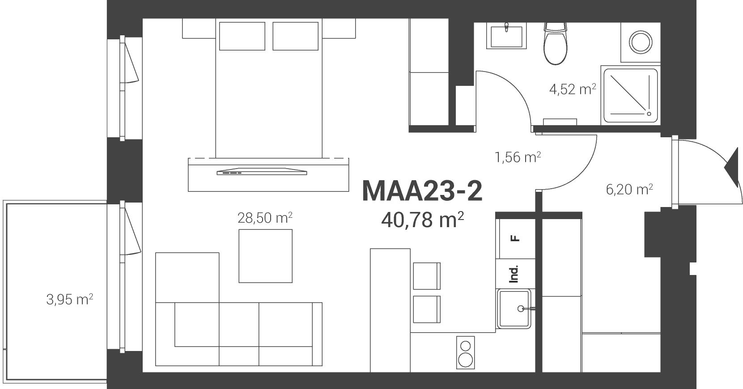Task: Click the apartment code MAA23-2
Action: pyautogui.click(x=422, y=190)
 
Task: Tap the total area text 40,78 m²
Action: pyautogui.click(x=422, y=220)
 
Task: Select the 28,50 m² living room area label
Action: pyautogui.click(x=265, y=218)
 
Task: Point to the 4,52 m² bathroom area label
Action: pyautogui.click(x=573, y=89)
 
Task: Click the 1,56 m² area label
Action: pyautogui.click(x=518, y=157)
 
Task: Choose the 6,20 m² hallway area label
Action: pyautogui.click(x=629, y=190)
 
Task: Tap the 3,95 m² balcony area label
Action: pyautogui.click(x=70, y=300)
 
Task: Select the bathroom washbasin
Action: pyautogui.click(x=506, y=36)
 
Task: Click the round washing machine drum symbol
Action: pyautogui.click(x=641, y=42)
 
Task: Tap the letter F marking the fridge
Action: pyautogui.click(x=515, y=238)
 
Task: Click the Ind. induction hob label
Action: pyautogui.click(x=514, y=274)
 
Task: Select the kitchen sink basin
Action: pyautogui.click(x=514, y=309)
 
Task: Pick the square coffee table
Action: pyautogui.click(x=265, y=256)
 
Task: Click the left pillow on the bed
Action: pyautogui.click(x=242, y=36)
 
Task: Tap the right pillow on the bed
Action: pyautogui.click(x=296, y=36)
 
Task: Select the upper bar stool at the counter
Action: pyautogui.click(x=427, y=276)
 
